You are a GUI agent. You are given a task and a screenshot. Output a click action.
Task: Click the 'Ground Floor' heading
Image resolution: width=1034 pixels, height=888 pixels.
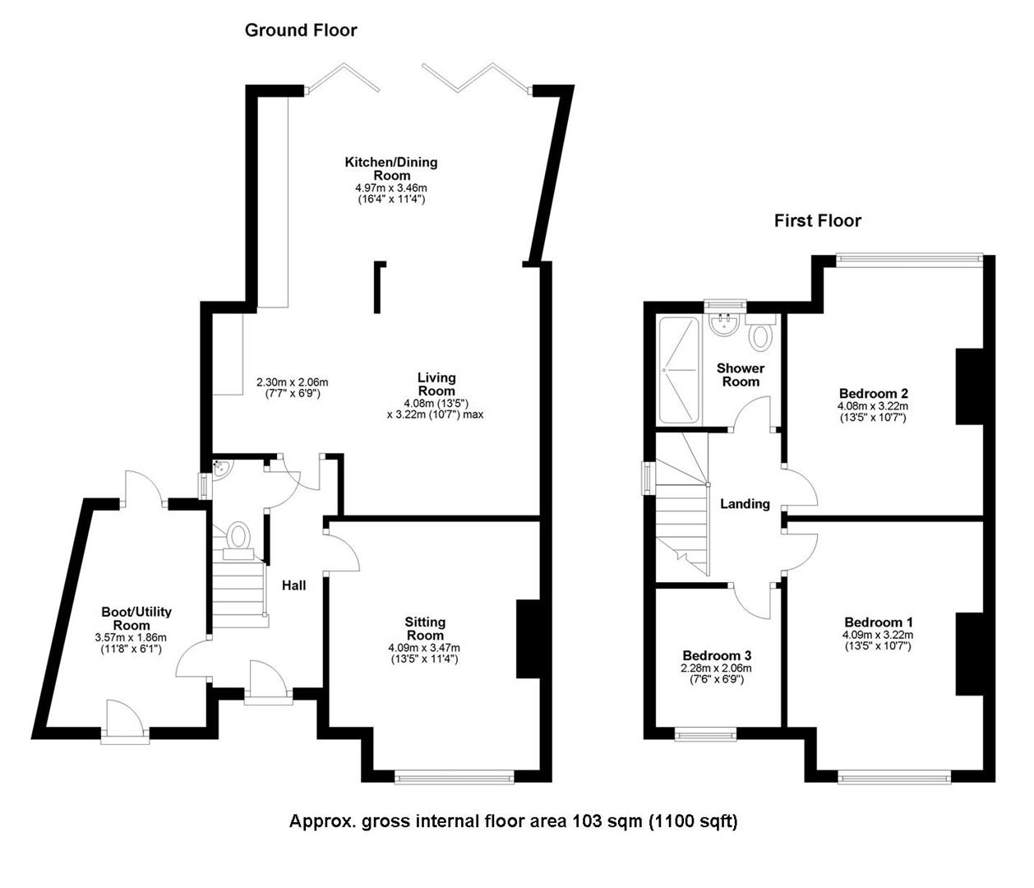pos(301,30)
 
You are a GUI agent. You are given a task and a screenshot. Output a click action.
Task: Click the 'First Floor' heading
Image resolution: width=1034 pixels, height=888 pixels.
pos(817,220)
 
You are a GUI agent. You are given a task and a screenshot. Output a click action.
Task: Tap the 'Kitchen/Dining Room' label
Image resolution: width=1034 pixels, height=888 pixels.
pos(390,168)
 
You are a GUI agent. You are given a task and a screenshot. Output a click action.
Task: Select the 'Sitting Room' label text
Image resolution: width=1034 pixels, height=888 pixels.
pos(425,628)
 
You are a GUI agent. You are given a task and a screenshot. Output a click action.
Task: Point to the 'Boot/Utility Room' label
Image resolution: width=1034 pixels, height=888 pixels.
pos(136,618)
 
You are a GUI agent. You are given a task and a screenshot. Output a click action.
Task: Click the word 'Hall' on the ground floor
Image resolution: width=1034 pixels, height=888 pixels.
pos(294,585)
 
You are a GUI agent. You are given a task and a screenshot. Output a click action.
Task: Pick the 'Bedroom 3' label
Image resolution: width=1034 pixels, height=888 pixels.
pos(717,655)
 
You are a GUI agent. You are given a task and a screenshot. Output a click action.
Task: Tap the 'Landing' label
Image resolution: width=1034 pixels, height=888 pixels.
pos(745,504)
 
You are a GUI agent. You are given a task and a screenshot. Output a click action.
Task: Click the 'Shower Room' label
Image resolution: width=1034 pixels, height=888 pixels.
pos(741,375)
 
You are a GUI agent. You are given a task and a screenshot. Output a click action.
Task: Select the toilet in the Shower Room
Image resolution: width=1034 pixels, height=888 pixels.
pos(762,334)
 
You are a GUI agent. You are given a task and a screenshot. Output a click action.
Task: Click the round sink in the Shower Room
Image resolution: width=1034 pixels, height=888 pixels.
pos(726,325)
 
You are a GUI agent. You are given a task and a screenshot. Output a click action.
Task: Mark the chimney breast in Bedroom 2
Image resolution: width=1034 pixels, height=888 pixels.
pos(969,386)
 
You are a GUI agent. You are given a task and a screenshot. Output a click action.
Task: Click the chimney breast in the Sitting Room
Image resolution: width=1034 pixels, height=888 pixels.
pos(528,639)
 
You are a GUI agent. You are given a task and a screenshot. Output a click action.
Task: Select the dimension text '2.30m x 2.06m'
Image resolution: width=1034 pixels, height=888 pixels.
pos(292,382)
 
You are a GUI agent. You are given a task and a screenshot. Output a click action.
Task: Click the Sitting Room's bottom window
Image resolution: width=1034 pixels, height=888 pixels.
pos(455,775)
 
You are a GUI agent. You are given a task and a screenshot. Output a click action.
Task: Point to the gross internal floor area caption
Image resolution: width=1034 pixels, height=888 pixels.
pos(513,821)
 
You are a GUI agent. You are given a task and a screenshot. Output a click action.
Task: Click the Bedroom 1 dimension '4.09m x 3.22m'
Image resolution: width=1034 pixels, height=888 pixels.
pos(877,635)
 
